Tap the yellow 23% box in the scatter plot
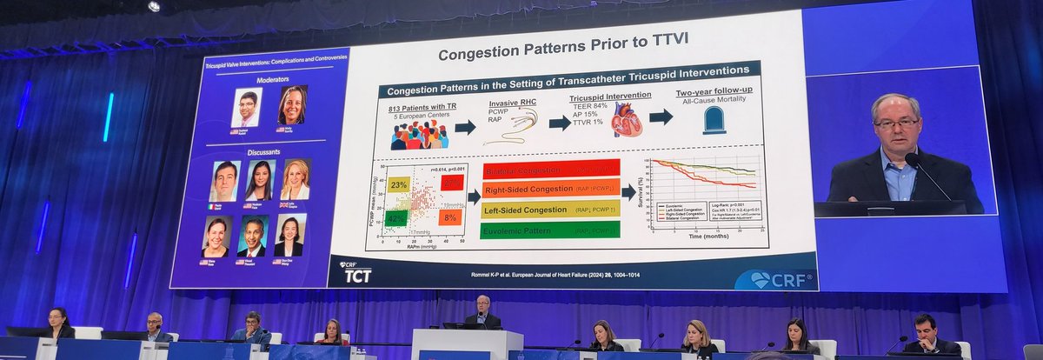coord(398,184)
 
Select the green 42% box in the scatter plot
coord(396,218)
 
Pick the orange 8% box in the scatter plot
coord(449,217)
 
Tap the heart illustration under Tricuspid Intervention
coord(626,123)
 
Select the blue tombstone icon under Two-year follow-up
coord(714,120)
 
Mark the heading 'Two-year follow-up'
coord(714,92)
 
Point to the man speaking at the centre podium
coord(482,310)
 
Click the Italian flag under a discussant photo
coord(213,205)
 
